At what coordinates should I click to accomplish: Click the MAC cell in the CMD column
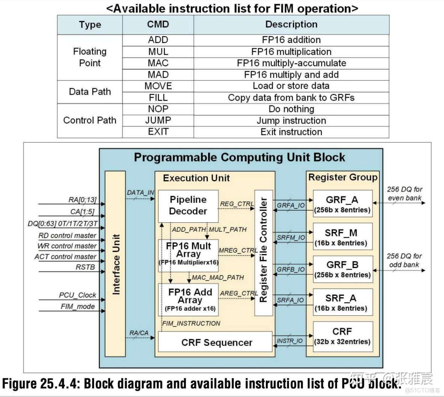(x=158, y=63)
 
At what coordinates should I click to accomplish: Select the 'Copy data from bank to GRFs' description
(x=291, y=97)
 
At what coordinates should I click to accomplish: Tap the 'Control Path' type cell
(x=90, y=120)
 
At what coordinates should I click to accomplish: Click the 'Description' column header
(x=291, y=24)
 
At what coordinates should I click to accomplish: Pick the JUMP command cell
(x=158, y=120)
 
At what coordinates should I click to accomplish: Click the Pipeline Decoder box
(x=188, y=205)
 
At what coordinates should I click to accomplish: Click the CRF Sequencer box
(x=216, y=342)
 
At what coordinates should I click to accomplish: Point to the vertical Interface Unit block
(x=115, y=264)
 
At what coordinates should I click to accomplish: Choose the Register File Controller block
(x=263, y=253)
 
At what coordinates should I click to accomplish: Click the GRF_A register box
(x=342, y=204)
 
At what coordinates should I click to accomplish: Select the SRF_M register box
(x=342, y=237)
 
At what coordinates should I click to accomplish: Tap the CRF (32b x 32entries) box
(x=342, y=336)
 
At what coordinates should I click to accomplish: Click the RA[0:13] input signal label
(x=82, y=200)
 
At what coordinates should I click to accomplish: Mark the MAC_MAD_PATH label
(x=217, y=277)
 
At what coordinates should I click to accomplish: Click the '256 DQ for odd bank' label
(x=404, y=260)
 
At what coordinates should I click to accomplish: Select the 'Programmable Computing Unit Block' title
(x=239, y=157)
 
